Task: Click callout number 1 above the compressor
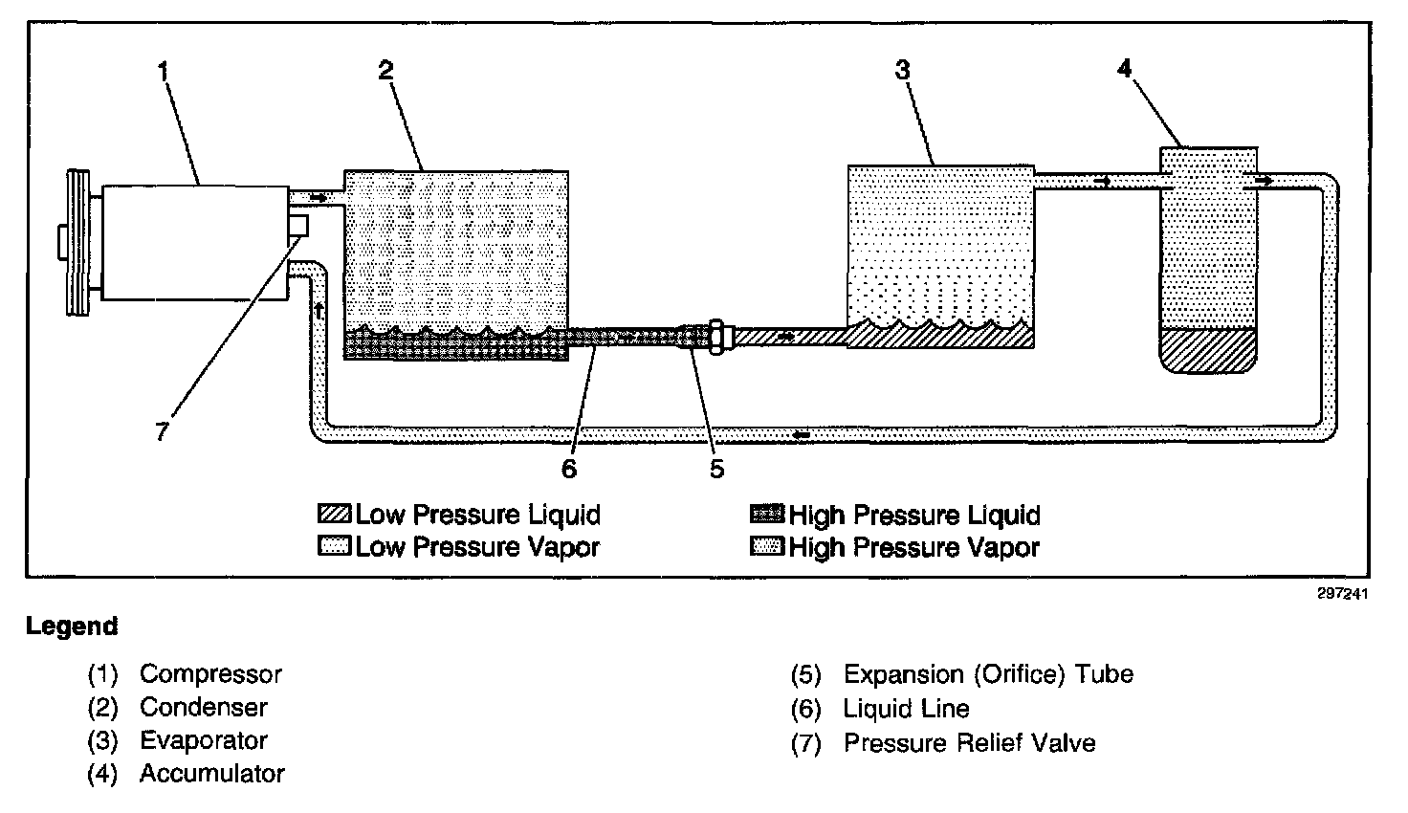point(164,70)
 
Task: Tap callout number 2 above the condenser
point(385,70)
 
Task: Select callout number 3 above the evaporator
point(902,70)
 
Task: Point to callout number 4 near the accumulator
point(1125,68)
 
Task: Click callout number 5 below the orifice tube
point(716,469)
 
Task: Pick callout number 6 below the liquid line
point(569,469)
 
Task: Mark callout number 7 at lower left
point(162,431)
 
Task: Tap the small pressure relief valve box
point(298,227)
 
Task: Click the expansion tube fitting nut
point(716,337)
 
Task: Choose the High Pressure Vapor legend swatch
point(767,548)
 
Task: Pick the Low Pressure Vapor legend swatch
point(335,548)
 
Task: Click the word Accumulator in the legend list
point(211,773)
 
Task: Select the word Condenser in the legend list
point(203,708)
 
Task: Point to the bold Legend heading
point(72,626)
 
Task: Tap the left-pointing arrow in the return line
point(803,436)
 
